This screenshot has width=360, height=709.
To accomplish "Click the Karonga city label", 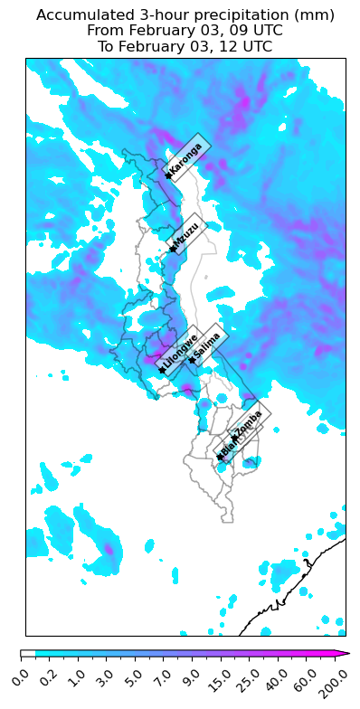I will (186, 160).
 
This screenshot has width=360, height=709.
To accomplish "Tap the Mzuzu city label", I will (187, 237).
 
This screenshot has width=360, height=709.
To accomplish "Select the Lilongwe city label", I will (180, 354).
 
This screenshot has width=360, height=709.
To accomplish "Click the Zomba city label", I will (248, 421).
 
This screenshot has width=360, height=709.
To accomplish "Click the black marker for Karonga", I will (168, 175).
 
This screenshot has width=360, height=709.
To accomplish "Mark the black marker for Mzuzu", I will (171, 249).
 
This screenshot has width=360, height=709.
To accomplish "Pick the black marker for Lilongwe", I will (162, 370).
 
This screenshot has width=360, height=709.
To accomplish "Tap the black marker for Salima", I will (192, 360).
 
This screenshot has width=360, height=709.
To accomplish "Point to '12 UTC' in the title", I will (242, 46).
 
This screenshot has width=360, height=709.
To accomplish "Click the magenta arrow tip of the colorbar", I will (344, 652).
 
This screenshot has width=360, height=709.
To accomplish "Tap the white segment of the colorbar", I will (28, 652).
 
